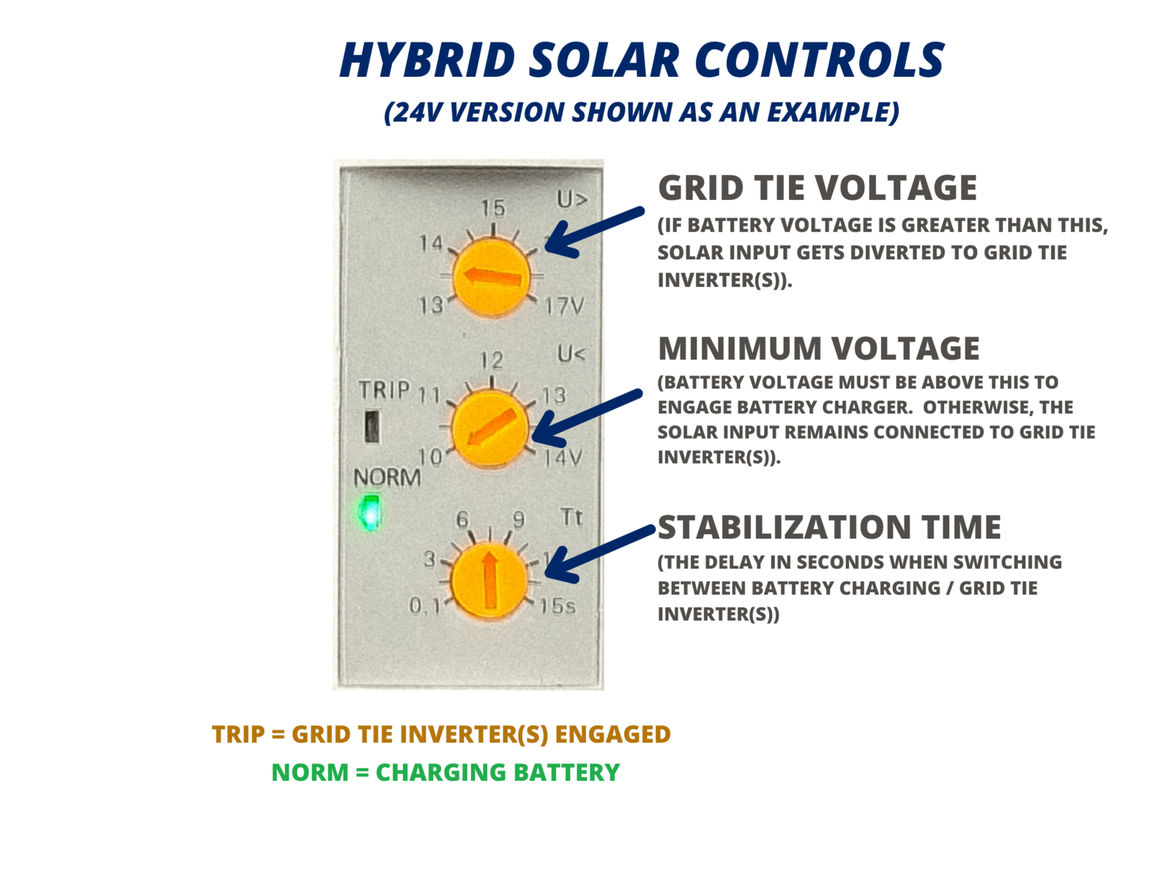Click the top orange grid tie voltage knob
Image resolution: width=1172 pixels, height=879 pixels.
[491, 278]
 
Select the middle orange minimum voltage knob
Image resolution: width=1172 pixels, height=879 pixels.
[489, 428]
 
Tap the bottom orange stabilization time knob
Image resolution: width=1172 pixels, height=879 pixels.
[489, 581]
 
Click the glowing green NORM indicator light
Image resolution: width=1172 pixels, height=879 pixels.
[369, 512]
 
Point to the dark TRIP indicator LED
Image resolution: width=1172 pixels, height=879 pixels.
[372, 426]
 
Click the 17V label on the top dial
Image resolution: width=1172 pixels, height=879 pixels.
[564, 306]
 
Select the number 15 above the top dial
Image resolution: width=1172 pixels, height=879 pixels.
[492, 208]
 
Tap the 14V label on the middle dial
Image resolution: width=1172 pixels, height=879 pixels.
[563, 458]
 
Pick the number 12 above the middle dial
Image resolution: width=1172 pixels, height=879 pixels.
[492, 361]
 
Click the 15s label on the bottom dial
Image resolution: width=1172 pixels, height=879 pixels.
[557, 607]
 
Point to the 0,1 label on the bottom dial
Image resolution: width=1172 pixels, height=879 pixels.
[425, 606]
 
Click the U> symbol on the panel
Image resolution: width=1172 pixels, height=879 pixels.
[572, 199]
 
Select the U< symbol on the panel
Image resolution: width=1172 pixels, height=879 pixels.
[571, 353]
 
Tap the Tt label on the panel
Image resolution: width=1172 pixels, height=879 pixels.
[571, 516]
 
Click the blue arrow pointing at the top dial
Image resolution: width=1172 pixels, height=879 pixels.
[594, 232]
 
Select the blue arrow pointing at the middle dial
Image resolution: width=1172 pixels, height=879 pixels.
[587, 418]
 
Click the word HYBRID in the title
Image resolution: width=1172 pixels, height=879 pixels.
[428, 60]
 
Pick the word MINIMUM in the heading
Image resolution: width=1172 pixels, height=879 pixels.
[740, 349]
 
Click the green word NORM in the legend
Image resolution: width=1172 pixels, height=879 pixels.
[311, 772]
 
